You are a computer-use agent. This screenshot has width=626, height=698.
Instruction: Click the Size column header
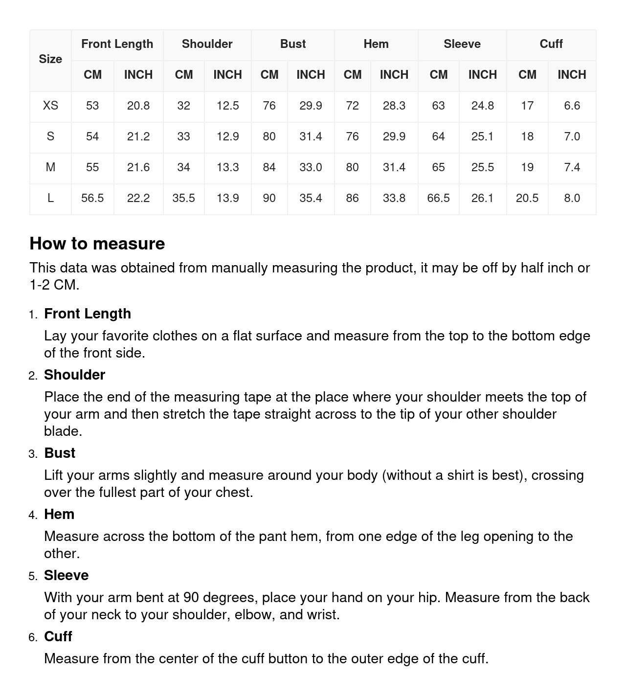tap(50, 59)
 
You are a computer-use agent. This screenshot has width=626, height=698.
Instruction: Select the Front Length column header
tap(117, 44)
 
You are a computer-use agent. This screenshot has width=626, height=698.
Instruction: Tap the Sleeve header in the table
tap(462, 44)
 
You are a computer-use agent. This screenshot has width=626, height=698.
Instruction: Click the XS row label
tap(50, 106)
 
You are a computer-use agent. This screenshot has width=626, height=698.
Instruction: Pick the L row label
tap(50, 198)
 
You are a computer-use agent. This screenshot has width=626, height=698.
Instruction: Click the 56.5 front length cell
tap(92, 198)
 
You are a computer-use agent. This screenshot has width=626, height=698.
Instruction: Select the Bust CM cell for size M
tap(269, 167)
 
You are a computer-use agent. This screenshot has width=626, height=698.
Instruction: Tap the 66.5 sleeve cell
tap(438, 198)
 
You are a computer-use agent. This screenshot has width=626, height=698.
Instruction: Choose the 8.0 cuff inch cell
tap(572, 198)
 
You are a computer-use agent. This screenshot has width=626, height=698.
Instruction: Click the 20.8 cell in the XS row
tap(138, 106)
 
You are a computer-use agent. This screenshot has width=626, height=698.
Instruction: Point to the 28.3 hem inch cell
tap(394, 106)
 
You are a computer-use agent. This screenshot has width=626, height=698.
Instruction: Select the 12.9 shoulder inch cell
tap(227, 136)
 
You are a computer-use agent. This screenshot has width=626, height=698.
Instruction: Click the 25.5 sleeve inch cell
tap(482, 167)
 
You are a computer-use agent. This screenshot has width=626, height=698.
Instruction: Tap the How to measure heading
tap(97, 244)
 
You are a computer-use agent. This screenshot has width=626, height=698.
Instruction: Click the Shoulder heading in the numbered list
tap(74, 375)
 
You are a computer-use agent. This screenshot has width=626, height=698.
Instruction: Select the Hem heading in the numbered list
tap(59, 514)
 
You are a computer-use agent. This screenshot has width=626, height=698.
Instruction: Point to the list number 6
tap(33, 637)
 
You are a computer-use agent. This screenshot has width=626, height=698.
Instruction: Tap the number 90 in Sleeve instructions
tap(191, 597)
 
